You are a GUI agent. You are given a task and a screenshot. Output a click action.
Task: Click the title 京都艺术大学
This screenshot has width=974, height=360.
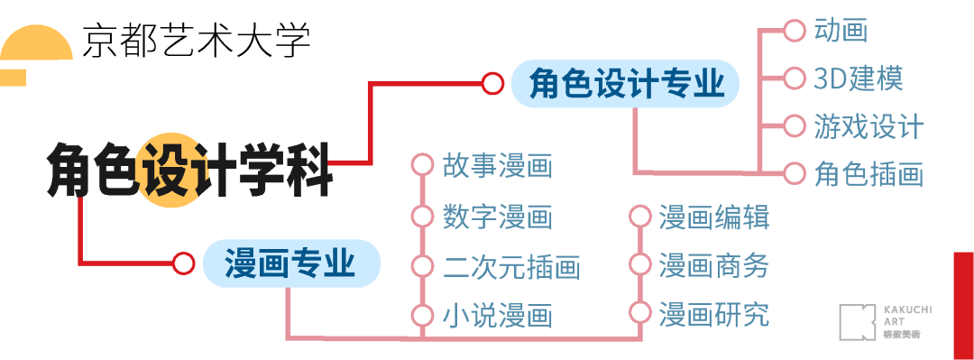(196, 40)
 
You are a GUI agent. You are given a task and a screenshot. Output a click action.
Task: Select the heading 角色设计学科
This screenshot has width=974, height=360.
(189, 169)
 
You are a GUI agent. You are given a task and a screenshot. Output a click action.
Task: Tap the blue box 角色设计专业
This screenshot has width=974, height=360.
(626, 84)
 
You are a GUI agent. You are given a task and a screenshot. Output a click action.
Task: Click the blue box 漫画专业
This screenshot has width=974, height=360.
(289, 263)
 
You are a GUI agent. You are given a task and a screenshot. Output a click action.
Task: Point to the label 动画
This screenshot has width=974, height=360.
(840, 30)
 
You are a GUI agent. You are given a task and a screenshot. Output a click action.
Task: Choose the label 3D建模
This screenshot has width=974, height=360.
(858, 78)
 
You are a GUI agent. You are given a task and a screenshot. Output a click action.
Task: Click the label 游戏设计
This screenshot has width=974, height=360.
(868, 125)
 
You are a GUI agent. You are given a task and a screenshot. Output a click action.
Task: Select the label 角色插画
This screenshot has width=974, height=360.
(868, 173)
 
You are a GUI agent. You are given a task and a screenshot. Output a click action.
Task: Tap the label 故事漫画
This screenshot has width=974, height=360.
(497, 166)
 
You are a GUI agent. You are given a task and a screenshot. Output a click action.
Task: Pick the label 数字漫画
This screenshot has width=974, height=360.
(497, 217)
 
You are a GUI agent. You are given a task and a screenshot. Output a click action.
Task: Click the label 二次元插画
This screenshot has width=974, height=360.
(510, 266)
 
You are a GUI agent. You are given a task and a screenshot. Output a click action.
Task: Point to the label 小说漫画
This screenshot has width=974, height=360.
(497, 316)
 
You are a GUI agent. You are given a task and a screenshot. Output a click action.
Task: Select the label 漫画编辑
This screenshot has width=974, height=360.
(713, 217)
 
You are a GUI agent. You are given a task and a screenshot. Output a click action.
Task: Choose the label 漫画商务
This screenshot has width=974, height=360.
(713, 265)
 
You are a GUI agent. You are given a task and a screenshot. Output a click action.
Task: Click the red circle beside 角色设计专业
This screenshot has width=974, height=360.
(492, 84)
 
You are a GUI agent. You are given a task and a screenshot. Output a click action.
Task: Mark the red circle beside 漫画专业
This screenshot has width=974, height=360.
(184, 263)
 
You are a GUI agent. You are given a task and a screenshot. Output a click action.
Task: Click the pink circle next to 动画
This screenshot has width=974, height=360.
(794, 31)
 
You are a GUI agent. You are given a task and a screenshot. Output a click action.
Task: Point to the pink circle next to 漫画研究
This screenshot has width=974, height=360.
(639, 314)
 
